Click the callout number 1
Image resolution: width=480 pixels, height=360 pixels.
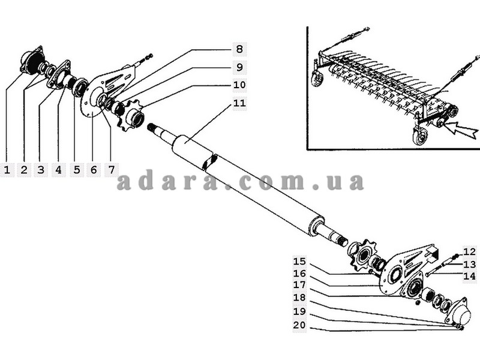tap(7, 170)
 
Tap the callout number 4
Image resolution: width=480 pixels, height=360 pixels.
tap(58, 170)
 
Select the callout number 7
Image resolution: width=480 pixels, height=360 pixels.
tap(111, 170)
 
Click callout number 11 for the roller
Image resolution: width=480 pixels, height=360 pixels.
tap(239, 103)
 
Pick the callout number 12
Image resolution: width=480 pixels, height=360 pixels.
tap(469, 251)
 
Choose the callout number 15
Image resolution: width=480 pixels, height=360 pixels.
tap(300, 261)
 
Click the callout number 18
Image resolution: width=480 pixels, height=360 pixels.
tap(300, 298)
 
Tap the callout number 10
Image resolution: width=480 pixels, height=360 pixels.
tap(239, 85)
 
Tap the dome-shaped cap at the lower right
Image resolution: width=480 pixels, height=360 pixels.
tap(460, 313)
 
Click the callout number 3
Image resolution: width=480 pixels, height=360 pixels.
tap(41, 170)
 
